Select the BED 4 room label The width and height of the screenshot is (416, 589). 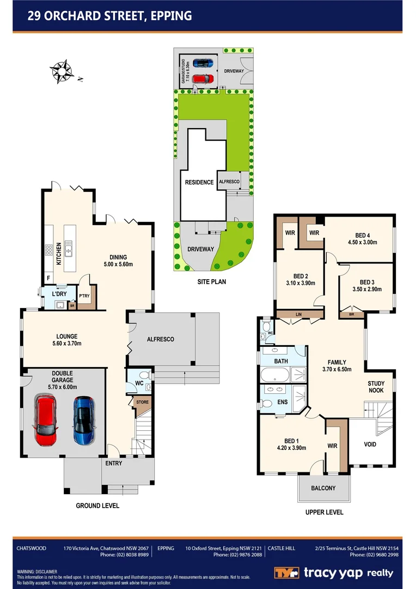[x=363, y=235]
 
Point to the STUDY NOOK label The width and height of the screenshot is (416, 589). [x=376, y=387]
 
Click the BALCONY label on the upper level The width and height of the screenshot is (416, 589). [x=323, y=488]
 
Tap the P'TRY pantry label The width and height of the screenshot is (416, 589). [x=84, y=297]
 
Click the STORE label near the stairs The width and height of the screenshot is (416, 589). [x=143, y=402]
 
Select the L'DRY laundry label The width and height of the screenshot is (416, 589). [x=59, y=294]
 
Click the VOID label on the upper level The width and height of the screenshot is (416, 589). [x=370, y=444]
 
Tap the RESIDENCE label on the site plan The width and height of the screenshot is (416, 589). [x=199, y=182]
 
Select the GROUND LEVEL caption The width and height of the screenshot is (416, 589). [x=97, y=506]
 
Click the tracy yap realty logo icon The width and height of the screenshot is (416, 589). [x=285, y=573]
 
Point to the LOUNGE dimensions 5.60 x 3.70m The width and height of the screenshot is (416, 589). [x=65, y=344]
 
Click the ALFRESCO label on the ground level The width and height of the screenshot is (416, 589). [x=161, y=339]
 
